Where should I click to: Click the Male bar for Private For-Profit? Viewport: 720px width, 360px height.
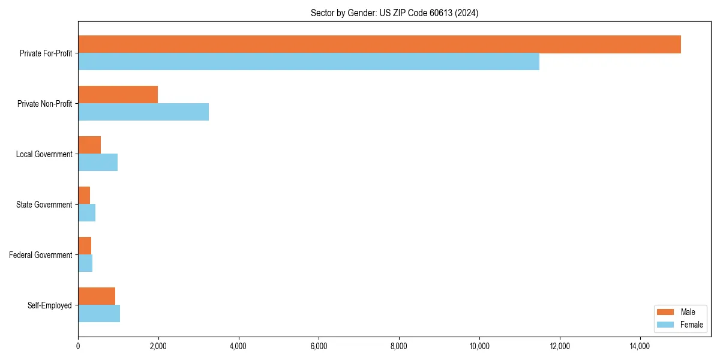click(379, 44)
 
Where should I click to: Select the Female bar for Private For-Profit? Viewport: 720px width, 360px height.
click(308, 62)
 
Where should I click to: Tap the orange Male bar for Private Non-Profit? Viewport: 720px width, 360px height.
click(118, 95)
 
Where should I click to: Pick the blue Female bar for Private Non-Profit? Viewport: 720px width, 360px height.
click(143, 112)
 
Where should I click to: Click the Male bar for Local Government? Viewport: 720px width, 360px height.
click(89, 145)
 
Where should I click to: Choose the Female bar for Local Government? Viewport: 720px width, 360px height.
click(98, 163)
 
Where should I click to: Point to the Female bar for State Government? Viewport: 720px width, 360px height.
click(86, 213)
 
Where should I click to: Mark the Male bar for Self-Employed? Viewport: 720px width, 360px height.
click(97, 296)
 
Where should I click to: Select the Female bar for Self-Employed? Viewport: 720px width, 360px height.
click(99, 314)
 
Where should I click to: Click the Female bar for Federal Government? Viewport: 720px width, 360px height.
click(85, 263)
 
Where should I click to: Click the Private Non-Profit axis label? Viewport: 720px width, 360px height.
click(44, 104)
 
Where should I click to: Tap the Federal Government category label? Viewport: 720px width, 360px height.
click(40, 255)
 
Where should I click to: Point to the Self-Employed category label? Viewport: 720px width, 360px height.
click(49, 305)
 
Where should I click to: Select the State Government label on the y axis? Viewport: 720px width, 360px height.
click(44, 205)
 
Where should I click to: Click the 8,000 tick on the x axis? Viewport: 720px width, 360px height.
click(399, 346)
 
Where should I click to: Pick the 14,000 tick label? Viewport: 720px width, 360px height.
click(640, 346)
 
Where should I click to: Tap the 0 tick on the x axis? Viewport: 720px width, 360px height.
click(78, 346)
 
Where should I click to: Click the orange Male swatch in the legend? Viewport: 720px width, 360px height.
click(666, 312)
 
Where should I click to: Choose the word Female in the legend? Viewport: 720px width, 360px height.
click(692, 325)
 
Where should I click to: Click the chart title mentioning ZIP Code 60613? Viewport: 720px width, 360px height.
click(394, 13)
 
